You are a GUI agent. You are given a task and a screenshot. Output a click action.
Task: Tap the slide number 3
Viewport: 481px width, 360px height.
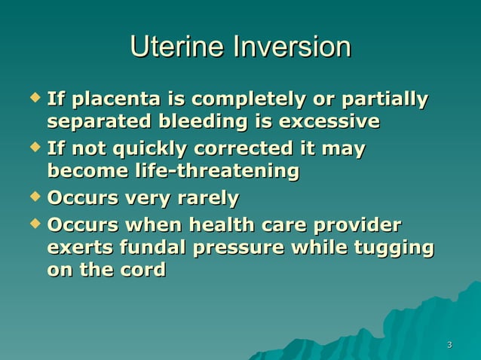449,346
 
